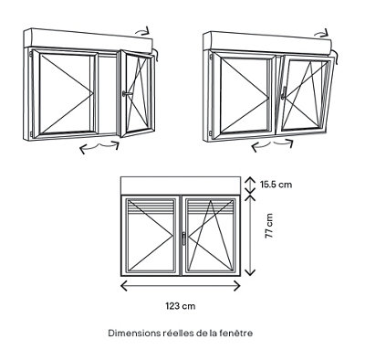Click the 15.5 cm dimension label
(276, 185)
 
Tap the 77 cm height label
(269, 226)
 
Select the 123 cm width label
(181, 306)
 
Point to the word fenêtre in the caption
(238, 334)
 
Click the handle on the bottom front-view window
(183, 238)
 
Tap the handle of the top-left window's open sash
(127, 93)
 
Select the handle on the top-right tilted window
(284, 92)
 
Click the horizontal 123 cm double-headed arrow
(181, 286)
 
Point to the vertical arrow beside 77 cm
(250, 235)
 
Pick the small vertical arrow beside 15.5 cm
(250, 185)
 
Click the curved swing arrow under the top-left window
(99, 147)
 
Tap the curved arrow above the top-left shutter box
(142, 30)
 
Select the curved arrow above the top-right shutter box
(322, 33)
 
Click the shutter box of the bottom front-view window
(181, 185)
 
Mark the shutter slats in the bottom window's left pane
(151, 207)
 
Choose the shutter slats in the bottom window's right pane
(211, 207)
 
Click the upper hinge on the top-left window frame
(31, 54)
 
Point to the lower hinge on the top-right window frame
(211, 133)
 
